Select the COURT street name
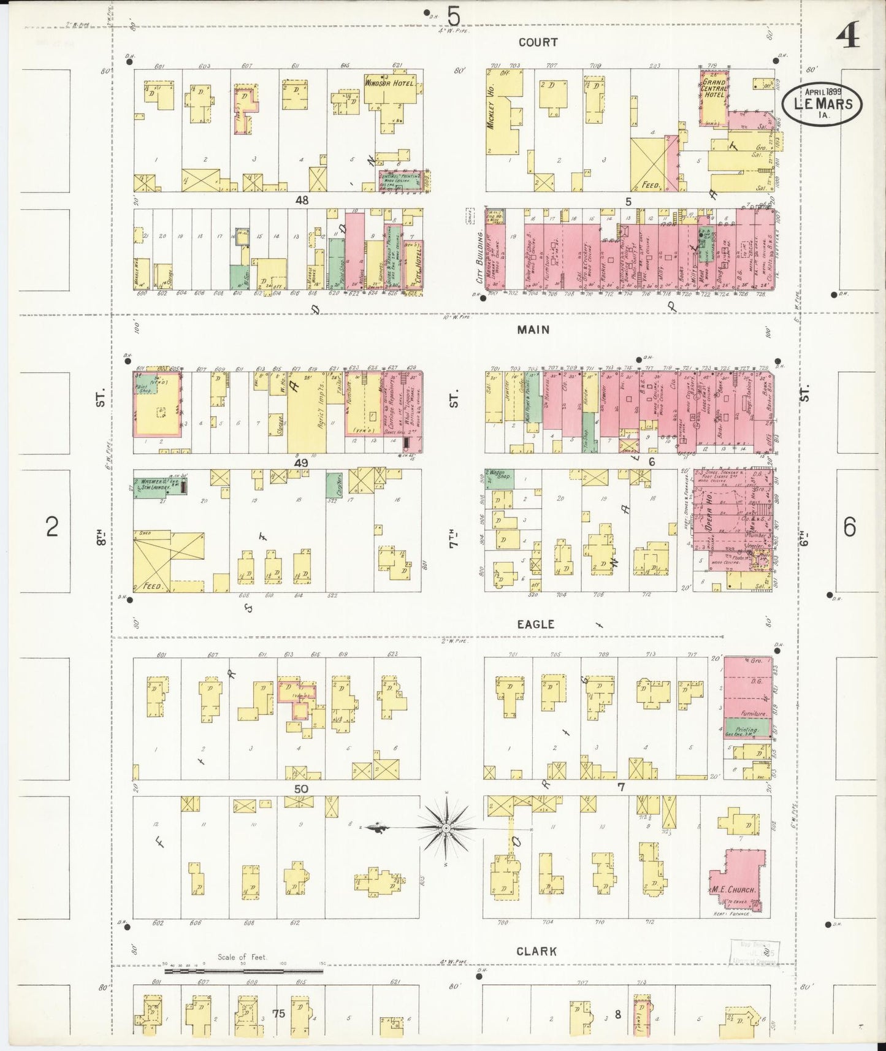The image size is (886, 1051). (538, 42)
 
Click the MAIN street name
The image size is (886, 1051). (533, 330)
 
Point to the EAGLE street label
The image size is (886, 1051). (535, 624)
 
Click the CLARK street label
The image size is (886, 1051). (537, 952)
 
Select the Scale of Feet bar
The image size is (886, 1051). (243, 971)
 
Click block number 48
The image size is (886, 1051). (301, 201)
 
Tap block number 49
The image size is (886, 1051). (301, 463)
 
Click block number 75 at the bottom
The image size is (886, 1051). (279, 1014)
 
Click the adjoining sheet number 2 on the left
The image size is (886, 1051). (52, 527)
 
